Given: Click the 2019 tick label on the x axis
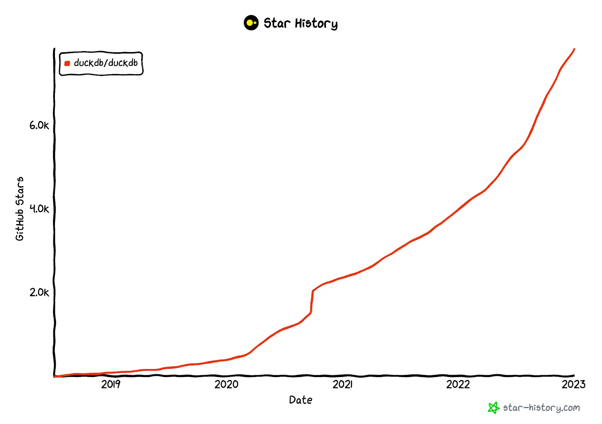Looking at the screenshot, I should (111, 384).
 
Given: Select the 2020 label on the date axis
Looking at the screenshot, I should (226, 384).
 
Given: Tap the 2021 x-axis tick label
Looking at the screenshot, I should (342, 384).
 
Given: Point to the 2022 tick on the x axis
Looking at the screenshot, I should (458, 384).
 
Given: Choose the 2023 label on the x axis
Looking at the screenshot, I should (573, 384).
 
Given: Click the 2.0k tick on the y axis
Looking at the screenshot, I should (39, 292).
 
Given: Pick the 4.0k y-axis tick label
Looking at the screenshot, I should (39, 209).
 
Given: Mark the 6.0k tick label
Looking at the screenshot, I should (39, 126).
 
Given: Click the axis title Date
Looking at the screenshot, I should (300, 400).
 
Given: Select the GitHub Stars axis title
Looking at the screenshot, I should (20, 209).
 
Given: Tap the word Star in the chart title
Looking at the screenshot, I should (277, 23).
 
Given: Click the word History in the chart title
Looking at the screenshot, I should (316, 24).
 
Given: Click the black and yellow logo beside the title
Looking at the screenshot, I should (251, 23).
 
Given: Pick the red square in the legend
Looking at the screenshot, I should (67, 64).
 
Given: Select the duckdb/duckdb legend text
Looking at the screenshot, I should (106, 63).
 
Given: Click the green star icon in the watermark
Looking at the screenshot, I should (493, 408).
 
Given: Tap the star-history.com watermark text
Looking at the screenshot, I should (541, 408).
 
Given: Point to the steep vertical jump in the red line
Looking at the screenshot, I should (312, 301).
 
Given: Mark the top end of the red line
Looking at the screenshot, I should (574, 49).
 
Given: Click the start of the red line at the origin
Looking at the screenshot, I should (56, 376).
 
